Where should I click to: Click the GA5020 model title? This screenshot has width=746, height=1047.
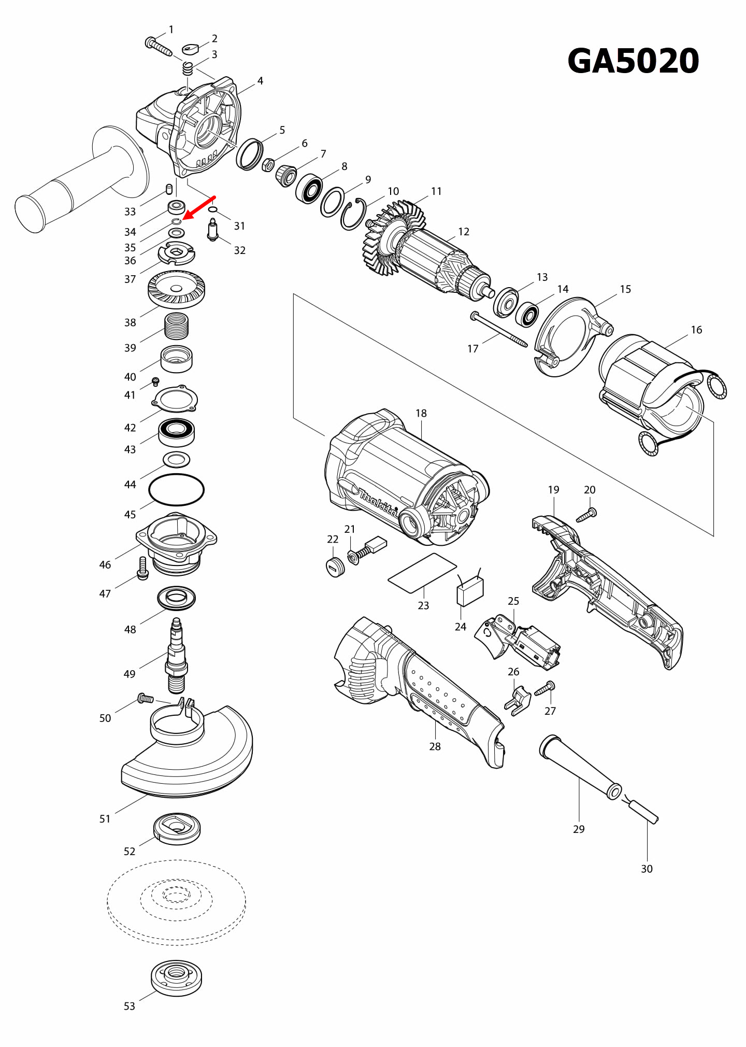[x=633, y=61]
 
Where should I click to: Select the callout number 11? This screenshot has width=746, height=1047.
[x=436, y=191]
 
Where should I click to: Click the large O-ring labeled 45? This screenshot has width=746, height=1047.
[x=176, y=489]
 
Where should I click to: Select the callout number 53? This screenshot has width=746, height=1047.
[x=129, y=1006]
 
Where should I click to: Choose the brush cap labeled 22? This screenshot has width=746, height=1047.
[x=336, y=567]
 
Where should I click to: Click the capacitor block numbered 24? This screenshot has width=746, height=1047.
[x=470, y=591]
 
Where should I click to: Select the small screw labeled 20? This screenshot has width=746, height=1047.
[x=587, y=515]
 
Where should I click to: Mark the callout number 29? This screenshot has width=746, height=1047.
[x=579, y=829]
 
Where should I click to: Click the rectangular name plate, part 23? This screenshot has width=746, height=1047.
[x=422, y=572]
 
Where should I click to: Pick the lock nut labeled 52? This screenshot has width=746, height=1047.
[x=177, y=828]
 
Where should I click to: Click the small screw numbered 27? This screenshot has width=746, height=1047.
[x=545, y=689]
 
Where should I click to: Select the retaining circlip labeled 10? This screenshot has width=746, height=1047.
[x=353, y=214]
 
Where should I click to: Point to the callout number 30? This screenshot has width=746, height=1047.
[x=647, y=869]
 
